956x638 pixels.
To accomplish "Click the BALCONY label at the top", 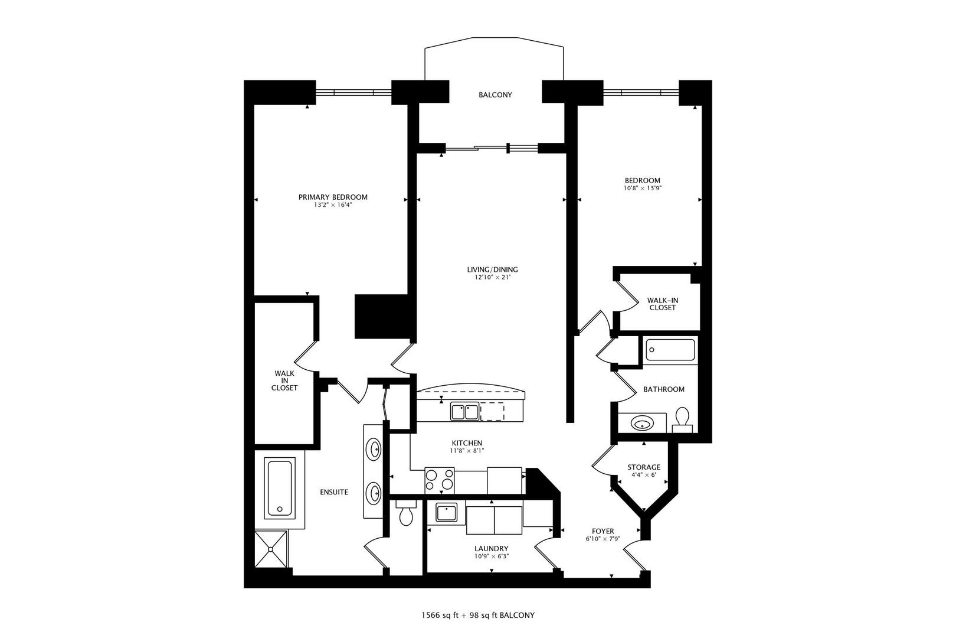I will [495, 95].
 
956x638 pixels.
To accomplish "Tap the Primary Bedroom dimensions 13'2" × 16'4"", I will [333, 206].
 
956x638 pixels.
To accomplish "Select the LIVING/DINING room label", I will [492, 269].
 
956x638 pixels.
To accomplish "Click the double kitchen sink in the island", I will [464, 411].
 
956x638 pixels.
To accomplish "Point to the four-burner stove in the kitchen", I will [440, 480].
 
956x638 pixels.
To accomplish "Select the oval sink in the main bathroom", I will [641, 423].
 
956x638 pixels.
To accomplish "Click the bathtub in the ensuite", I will [280, 487].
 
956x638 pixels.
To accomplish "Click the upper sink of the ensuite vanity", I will [374, 450].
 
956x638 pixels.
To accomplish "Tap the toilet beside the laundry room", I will [405, 515].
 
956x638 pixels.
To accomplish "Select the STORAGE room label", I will [643, 467].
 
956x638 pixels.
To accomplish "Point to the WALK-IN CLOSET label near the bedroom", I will [662, 304].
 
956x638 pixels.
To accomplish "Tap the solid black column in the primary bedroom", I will [382, 317].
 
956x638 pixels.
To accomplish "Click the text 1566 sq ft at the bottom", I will [440, 615].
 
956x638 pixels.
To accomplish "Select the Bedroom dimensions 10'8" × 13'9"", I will [643, 188].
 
